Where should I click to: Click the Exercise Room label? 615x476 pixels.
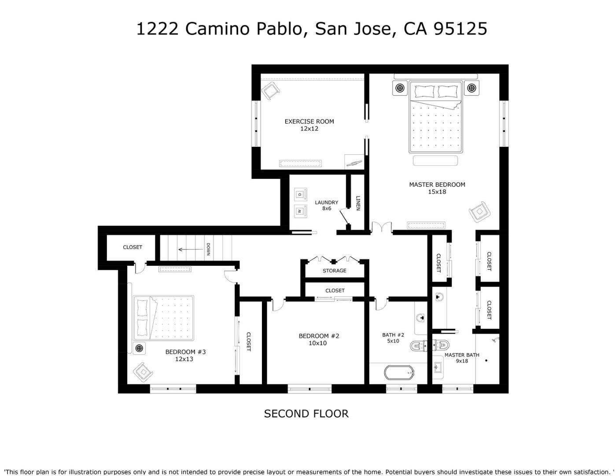coord(309,125)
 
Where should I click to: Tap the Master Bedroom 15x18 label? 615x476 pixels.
coord(437,188)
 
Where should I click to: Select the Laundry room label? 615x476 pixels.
coord(326,205)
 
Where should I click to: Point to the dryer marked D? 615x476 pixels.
coord(300,194)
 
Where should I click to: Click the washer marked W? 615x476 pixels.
coord(300,211)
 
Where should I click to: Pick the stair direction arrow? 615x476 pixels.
coord(191,249)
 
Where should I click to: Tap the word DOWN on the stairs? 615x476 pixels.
coord(208,249)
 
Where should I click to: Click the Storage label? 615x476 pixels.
coord(334,271)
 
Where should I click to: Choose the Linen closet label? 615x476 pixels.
coord(358,203)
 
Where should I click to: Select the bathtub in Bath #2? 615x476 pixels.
coord(399,373)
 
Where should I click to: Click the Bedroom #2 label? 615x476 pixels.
coord(319,339)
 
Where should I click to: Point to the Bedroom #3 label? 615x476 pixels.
coord(185,355)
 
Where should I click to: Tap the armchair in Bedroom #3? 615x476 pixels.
coord(143,372)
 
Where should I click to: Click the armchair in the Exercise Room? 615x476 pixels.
coord(271,91)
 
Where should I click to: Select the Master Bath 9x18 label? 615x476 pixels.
coord(462,358)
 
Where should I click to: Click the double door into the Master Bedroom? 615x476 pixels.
coord(381,227)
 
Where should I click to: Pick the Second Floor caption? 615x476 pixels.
coord(306,414)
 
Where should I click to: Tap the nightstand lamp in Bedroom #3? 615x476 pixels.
coord(139,348)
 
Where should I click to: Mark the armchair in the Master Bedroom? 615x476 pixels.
coord(479,212)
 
